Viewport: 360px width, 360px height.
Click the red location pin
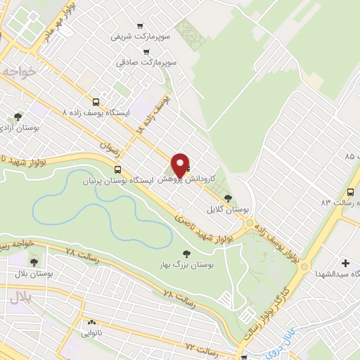click(x=181, y=165)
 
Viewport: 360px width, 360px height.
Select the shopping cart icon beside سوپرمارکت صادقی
click(x=146, y=51)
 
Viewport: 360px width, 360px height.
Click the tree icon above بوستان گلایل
click(x=228, y=198)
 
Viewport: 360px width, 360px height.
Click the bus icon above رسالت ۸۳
click(x=350, y=192)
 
